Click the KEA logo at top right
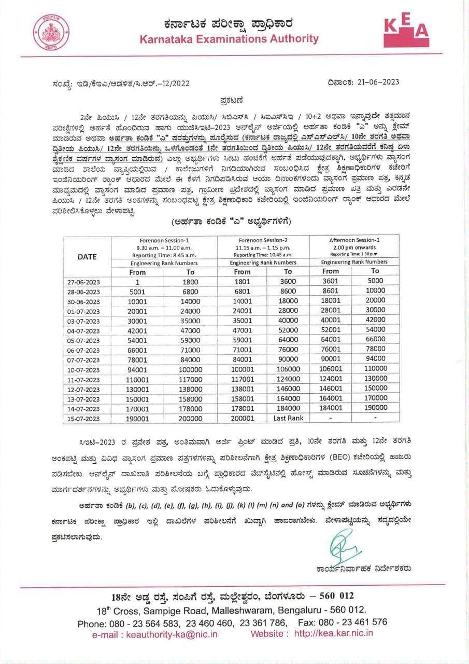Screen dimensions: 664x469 coord(406,31)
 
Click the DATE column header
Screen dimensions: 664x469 coord(87,256)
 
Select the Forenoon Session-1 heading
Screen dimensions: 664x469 coord(164,240)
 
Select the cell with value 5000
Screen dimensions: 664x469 coord(376,281)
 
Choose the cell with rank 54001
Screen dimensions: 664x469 coord(138,340)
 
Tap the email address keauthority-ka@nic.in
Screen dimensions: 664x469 coord(155,634)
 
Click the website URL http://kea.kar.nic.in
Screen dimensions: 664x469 coord(333,633)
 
